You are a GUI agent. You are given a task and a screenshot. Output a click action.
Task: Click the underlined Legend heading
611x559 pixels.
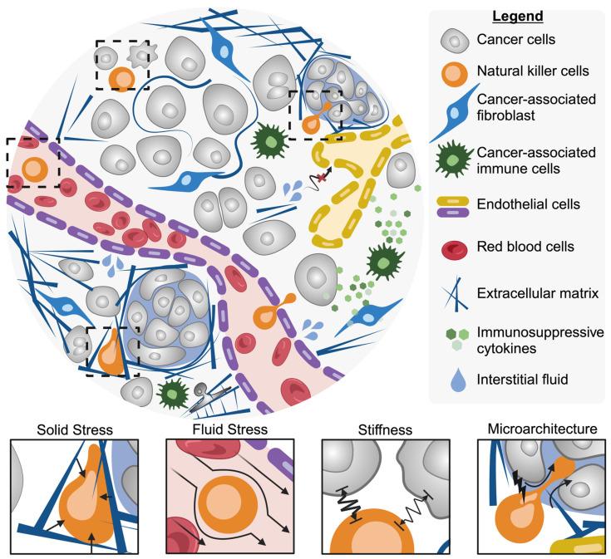(517, 17)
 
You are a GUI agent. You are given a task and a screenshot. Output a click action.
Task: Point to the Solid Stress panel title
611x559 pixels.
(74, 430)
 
